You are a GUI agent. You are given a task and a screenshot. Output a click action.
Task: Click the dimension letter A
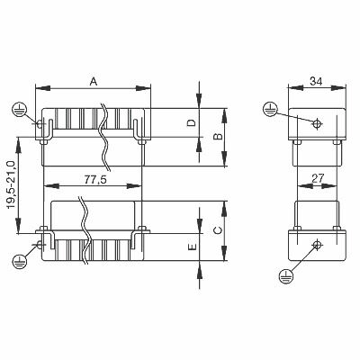[94, 81]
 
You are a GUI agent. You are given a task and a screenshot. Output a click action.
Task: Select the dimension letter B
[219, 136]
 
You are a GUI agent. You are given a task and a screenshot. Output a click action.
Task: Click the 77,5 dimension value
[95, 179]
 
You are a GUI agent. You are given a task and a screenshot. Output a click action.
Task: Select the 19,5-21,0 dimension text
[11, 185]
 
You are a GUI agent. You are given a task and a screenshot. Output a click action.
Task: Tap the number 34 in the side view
[316, 81]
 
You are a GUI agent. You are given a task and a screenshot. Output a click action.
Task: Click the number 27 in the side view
[318, 178]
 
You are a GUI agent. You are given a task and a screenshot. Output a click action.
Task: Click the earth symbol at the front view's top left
[20, 110]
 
